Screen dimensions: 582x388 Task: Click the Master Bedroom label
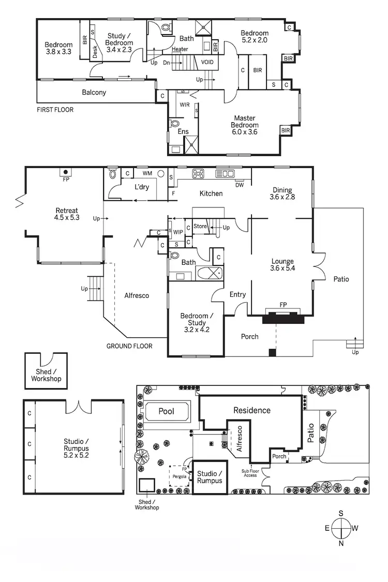245,125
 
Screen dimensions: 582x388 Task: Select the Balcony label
94,93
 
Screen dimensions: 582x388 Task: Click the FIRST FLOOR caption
55,110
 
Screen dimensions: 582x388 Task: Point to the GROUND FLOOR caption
129,346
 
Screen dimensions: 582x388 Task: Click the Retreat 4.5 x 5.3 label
67,214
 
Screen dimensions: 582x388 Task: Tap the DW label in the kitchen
239,185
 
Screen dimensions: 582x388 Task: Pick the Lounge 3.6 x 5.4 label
282,265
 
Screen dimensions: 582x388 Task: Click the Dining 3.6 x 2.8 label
282,193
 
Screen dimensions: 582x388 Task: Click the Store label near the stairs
200,227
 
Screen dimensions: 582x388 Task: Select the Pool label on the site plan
166,411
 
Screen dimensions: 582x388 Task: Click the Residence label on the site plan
252,410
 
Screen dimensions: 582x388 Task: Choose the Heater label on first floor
180,49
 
